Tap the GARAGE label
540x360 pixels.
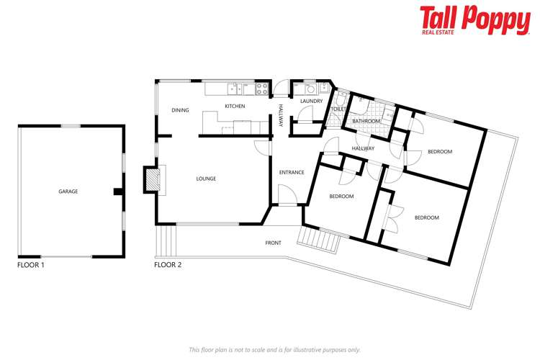68,192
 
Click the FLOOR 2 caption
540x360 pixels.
168,265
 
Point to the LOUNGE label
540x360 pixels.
205,179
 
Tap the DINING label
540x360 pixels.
180,110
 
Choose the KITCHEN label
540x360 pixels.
235,107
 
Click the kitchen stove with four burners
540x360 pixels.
262,89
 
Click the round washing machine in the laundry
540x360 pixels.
311,89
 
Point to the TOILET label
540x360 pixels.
339,109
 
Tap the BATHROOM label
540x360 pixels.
366,122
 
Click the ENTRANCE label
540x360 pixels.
292,172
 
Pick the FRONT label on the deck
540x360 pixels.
273,243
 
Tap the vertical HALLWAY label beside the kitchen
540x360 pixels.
282,116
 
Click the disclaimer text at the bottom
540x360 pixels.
274,349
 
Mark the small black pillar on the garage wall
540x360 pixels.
117,192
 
